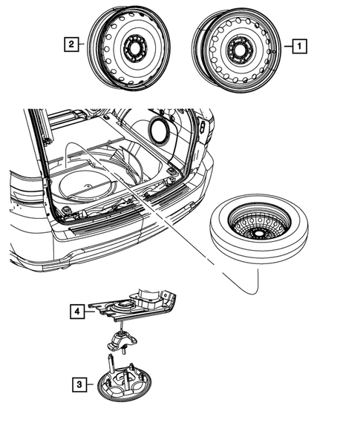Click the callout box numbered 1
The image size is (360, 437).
pyautogui.click(x=298, y=46)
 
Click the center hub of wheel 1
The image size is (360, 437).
pyautogui.click(x=240, y=48)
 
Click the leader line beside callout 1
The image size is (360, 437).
pyautogui.click(x=286, y=46)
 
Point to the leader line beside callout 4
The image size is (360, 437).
pyautogui.click(x=91, y=312)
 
